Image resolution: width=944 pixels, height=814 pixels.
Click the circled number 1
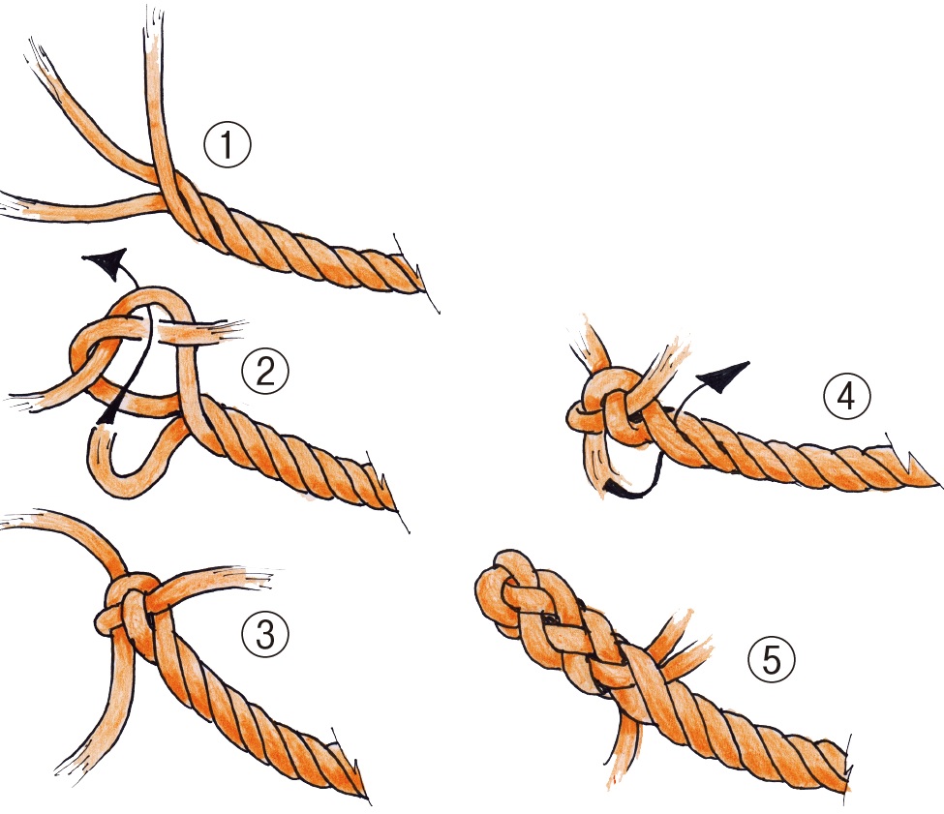click(x=227, y=145)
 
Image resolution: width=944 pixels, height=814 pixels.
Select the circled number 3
click(x=265, y=635)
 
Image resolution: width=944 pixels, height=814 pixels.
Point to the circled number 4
click(x=846, y=397)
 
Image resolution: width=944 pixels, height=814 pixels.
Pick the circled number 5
click(x=772, y=659)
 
